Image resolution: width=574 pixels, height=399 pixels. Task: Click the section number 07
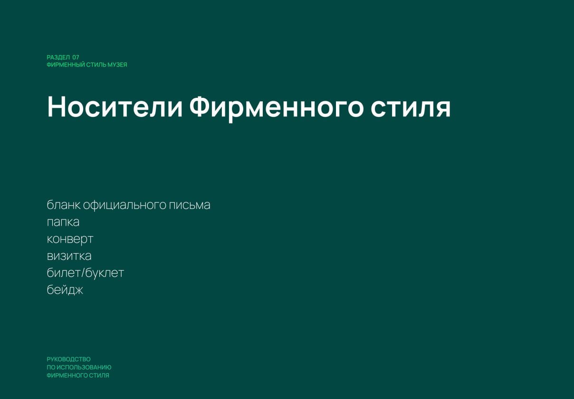(x=76, y=57)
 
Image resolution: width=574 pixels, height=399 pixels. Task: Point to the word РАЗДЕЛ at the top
(x=58, y=57)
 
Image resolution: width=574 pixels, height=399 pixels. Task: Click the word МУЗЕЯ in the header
(x=117, y=65)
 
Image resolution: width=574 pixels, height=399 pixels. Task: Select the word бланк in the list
(x=64, y=205)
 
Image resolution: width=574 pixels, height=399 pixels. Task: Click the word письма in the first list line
(x=190, y=205)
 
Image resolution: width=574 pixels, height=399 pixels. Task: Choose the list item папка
(x=63, y=222)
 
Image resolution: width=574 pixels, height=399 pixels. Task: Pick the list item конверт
(x=70, y=239)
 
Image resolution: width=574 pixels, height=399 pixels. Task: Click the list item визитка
(x=69, y=256)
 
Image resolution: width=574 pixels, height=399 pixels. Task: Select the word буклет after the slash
(x=105, y=273)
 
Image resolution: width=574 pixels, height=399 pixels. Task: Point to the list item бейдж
(x=65, y=290)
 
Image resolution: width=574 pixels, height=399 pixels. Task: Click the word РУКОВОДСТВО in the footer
(x=68, y=359)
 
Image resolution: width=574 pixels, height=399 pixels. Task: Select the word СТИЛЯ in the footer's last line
(x=99, y=375)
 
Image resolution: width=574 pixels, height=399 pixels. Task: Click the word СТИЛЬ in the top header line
(x=96, y=65)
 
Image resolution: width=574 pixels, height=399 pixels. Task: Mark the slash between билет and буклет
(x=83, y=273)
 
